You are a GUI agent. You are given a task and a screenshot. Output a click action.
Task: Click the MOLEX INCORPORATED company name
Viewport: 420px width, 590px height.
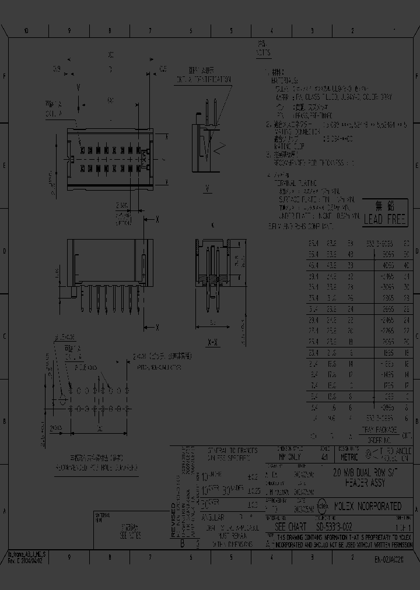366,505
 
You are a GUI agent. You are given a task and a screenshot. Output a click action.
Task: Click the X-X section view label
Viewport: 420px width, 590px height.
212,342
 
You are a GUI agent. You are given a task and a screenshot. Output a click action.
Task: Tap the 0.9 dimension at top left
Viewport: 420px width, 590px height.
57,69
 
